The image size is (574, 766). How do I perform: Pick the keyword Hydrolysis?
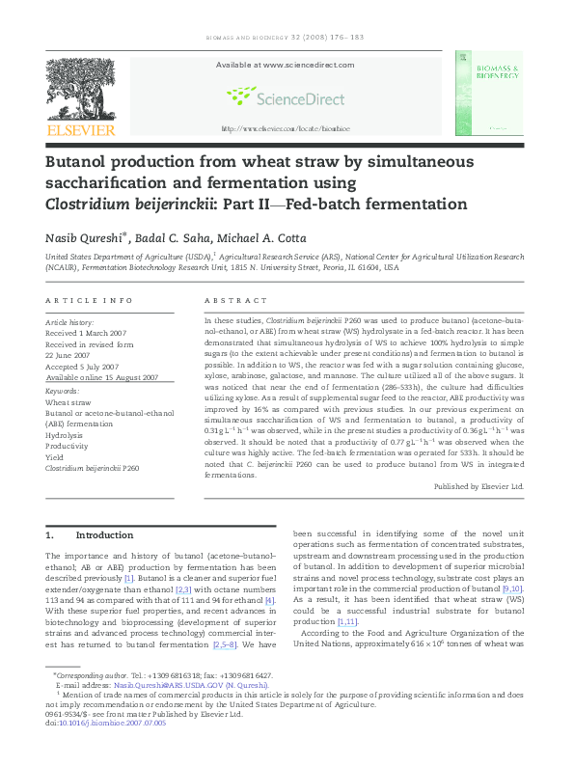66,435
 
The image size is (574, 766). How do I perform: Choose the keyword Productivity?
68,446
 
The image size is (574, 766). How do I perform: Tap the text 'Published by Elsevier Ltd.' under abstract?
478,486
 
